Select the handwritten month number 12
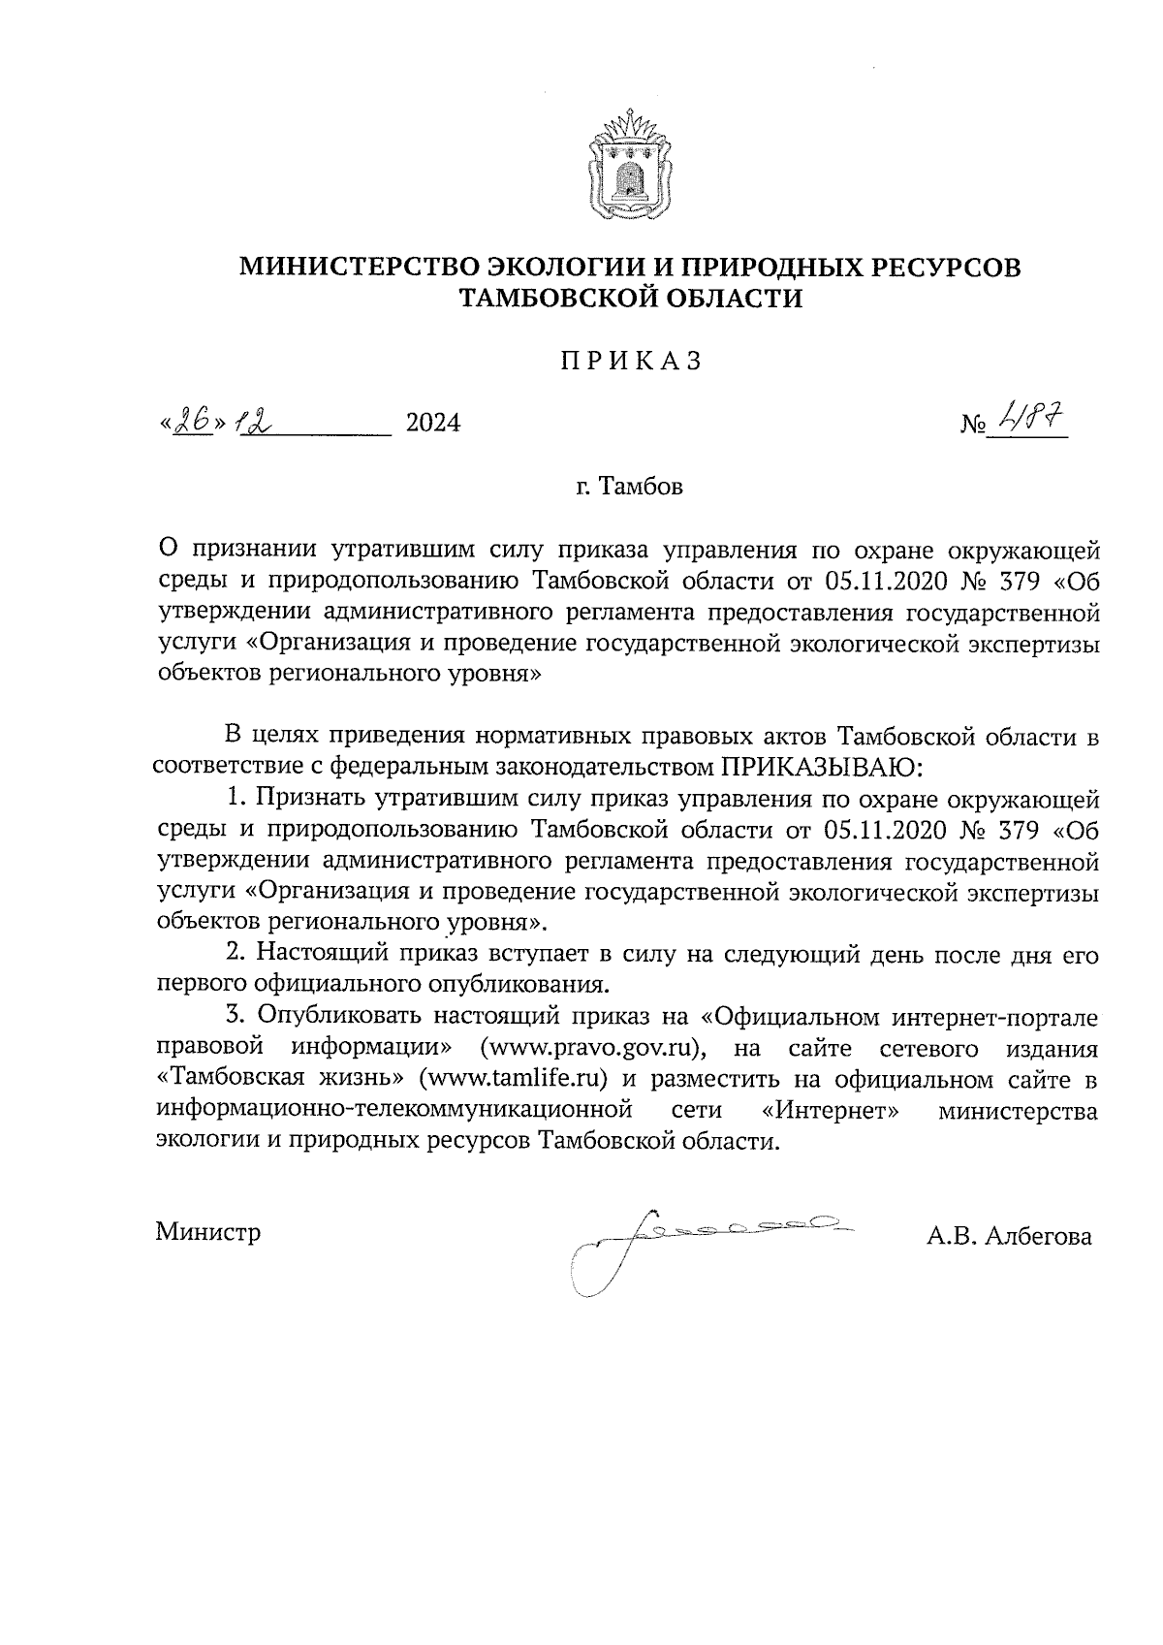tap(254, 422)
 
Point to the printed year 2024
tap(432, 424)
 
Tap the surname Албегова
tap(1037, 1236)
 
